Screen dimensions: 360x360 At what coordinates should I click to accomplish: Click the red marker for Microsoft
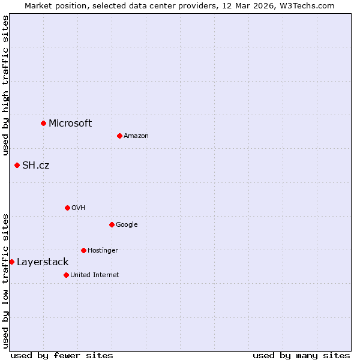point(43,123)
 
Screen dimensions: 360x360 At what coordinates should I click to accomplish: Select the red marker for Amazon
point(119,136)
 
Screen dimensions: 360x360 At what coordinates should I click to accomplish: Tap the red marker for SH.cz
point(17,165)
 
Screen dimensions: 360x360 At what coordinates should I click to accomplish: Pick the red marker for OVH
point(67,208)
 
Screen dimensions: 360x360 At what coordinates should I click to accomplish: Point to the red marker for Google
point(112,224)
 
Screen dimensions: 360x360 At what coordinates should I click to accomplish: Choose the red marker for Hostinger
point(83,250)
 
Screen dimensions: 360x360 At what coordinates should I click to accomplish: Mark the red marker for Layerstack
point(12,262)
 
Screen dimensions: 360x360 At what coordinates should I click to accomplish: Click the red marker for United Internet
point(66,275)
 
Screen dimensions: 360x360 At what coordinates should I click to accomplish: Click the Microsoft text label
point(70,124)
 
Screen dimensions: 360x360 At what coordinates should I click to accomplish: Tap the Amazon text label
point(136,136)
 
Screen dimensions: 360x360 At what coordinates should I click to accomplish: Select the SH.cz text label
point(35,166)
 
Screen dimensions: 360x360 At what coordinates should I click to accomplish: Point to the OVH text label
point(79,208)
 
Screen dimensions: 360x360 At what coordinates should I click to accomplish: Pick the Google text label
point(127,225)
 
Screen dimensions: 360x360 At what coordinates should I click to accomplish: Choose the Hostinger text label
point(103,251)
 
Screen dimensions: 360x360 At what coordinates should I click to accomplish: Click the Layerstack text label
point(43,262)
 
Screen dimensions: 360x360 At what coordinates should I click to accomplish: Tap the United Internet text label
point(95,275)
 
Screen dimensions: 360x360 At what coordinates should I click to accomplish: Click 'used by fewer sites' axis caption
point(62,355)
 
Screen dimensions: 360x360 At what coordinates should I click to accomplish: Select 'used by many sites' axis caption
point(301,355)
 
